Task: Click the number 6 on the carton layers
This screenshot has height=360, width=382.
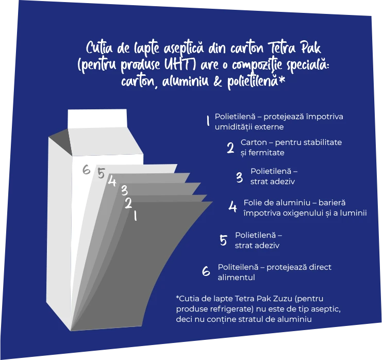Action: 86,170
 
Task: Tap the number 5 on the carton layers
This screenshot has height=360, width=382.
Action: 101,173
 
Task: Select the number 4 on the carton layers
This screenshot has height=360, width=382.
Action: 112,181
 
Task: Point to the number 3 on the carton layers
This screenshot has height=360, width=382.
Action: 124,190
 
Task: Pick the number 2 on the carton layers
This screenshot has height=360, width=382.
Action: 129,203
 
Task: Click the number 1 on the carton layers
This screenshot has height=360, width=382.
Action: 135,216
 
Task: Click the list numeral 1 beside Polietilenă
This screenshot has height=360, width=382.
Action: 208,121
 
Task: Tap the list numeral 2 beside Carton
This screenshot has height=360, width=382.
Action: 230,148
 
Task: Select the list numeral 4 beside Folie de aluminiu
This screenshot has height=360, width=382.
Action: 232,207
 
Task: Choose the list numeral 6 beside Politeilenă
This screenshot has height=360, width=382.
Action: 206,271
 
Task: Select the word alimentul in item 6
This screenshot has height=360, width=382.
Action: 236,277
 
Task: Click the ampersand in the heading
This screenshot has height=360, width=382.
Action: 218,81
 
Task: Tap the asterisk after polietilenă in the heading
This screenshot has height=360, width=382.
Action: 281,80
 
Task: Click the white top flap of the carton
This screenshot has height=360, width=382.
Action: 97,119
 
